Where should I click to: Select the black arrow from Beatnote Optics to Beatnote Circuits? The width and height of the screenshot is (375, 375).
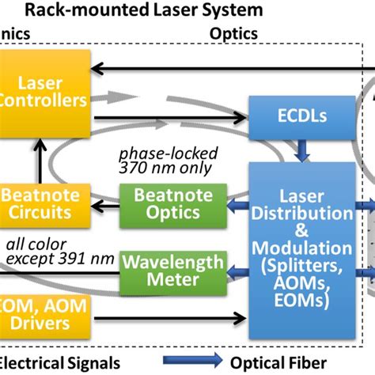102,207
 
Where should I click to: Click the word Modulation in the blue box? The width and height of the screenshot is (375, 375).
304,247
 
